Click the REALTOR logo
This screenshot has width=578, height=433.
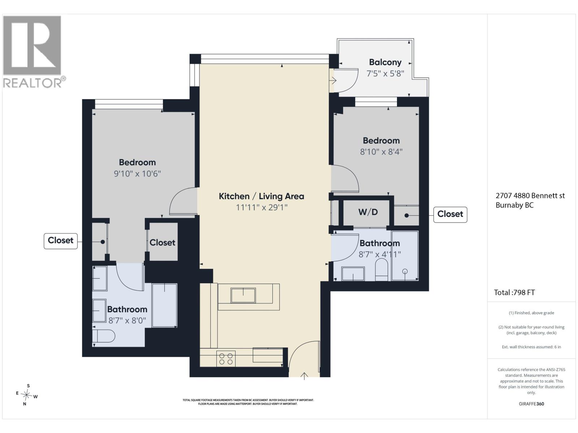(34, 52)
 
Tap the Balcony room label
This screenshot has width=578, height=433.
(385, 62)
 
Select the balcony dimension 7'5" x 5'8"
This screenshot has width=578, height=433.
(385, 74)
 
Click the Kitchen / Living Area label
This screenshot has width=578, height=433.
(262, 196)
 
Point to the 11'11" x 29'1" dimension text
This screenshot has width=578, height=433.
(262, 207)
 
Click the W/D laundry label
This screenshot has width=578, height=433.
(368, 212)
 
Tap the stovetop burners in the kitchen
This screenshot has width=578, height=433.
(226, 359)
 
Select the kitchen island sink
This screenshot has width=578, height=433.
(243, 295)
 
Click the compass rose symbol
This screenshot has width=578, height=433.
(26, 395)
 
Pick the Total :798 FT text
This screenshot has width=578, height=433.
(514, 293)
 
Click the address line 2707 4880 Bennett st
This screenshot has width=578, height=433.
(530, 196)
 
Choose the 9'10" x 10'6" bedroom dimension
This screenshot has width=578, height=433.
(137, 174)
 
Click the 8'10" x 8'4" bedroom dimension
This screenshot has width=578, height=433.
(381, 152)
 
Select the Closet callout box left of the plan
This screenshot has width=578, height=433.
(61, 241)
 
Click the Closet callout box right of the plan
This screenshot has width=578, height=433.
(450, 215)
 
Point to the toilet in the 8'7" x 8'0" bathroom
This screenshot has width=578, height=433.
(103, 336)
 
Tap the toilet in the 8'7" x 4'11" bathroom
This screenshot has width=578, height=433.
(381, 270)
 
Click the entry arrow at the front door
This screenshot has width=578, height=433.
(304, 376)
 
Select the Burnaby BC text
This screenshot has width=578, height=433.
(514, 205)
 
